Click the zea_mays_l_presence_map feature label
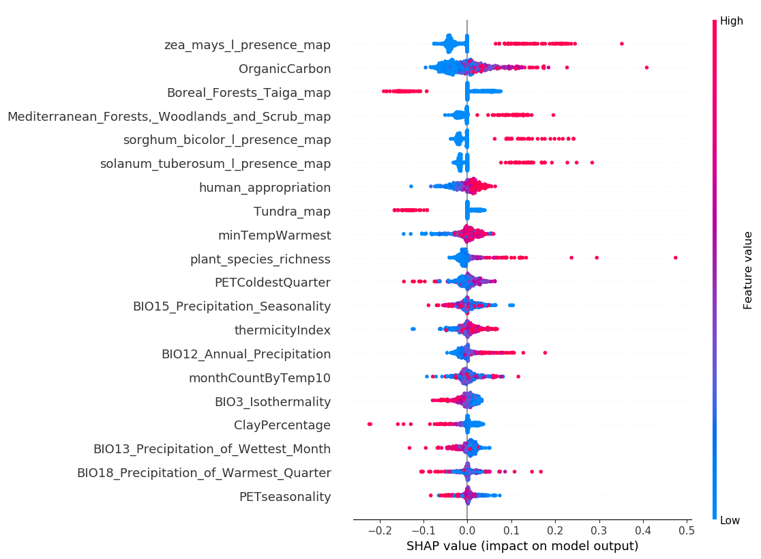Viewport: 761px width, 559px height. (x=248, y=45)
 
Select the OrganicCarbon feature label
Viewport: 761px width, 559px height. (x=285, y=69)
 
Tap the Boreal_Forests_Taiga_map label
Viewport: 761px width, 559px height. (x=249, y=93)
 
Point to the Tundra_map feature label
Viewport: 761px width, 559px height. (x=292, y=212)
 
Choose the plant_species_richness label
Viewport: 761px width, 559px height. (x=260, y=259)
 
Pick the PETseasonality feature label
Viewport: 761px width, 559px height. (x=285, y=497)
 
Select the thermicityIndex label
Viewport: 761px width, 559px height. (x=282, y=330)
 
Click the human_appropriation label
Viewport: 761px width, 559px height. (x=265, y=188)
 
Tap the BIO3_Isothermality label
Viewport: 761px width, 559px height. (x=273, y=402)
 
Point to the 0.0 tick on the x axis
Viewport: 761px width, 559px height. (x=466, y=529)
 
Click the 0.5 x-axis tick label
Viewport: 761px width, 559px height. (x=687, y=529)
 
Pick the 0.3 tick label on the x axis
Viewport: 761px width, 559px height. (x=599, y=529)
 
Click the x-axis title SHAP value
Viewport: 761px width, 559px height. (x=522, y=546)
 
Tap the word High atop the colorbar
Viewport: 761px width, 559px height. (x=732, y=21)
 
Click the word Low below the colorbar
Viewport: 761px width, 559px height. (x=730, y=521)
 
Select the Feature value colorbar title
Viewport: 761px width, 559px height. (x=749, y=270)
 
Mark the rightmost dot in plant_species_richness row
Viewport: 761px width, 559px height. (x=675, y=257)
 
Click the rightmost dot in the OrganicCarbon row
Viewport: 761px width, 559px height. (x=646, y=67)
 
